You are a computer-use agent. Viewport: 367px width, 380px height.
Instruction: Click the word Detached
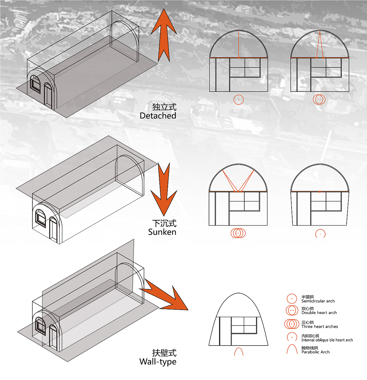click(158, 116)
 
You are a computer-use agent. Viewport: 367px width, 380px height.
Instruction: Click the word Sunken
click(162, 232)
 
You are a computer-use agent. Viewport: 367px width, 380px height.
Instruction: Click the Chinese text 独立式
click(164, 107)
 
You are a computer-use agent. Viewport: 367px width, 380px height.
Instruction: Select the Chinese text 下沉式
click(164, 223)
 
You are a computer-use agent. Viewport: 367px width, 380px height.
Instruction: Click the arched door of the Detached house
click(48, 96)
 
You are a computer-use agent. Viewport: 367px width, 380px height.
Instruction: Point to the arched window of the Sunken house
click(40, 218)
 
